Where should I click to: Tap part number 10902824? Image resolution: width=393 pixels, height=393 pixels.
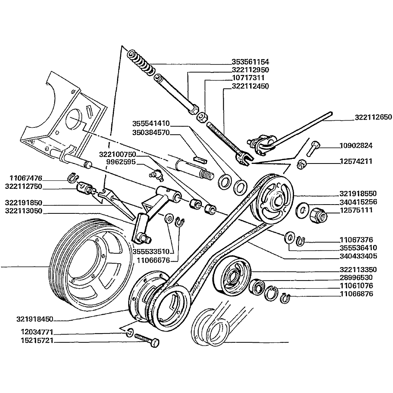(356, 146)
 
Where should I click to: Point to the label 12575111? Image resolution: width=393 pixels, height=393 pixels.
(356, 210)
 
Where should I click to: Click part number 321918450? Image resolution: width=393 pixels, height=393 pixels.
(35, 319)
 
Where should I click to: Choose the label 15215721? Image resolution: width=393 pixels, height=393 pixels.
(35, 341)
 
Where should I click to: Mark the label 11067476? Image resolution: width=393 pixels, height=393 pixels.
(26, 178)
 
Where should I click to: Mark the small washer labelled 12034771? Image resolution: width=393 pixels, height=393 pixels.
(130, 332)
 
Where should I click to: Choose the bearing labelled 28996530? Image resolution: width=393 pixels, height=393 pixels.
(256, 286)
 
